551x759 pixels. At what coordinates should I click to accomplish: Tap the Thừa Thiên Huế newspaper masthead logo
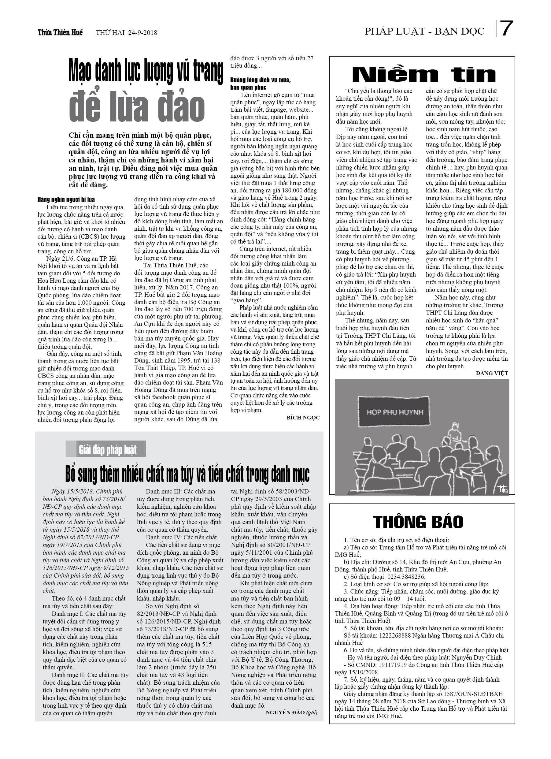[x=60, y=32]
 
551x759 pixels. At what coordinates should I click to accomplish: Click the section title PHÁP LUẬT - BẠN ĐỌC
[x=424, y=32]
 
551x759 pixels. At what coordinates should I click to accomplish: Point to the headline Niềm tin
[x=424, y=75]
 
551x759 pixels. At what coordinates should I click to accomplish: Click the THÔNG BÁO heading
[x=418, y=522]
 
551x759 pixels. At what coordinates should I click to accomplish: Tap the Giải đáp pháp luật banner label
[x=107, y=450]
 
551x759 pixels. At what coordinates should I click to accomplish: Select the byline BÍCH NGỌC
[x=303, y=417]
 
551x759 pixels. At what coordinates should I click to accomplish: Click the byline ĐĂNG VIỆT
[x=492, y=373]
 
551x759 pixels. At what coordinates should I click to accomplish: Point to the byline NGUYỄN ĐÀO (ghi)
[x=291, y=712]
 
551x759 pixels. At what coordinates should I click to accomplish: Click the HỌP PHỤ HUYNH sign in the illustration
[x=395, y=412]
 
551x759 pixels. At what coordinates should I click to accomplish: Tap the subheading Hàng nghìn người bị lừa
[x=66, y=200]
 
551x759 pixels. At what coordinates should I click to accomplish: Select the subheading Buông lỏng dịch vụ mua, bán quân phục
[x=260, y=84]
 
